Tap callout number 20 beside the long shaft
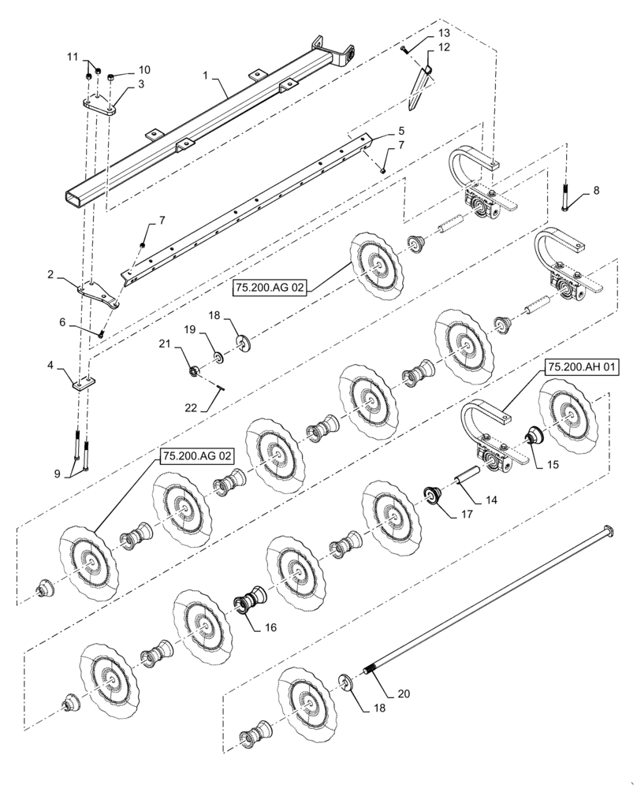(x=403, y=693)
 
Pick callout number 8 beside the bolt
(x=595, y=190)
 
